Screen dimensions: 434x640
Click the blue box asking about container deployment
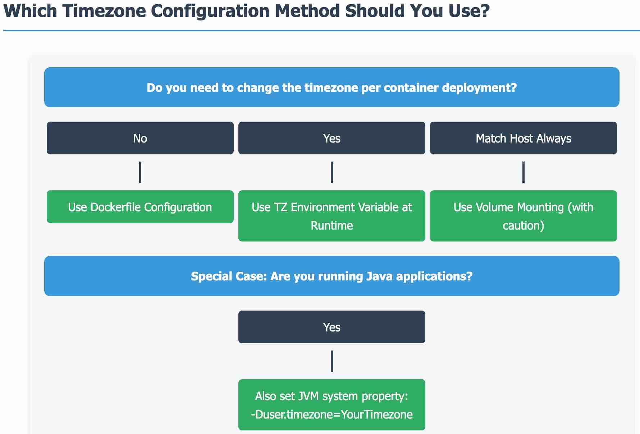coord(332,87)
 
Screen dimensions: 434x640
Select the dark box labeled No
coord(140,138)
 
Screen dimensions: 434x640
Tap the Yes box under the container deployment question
coord(332,138)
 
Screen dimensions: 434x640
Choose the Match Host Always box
coord(523,138)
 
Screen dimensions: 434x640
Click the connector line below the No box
coord(140,172)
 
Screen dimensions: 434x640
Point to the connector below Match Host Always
coord(524,172)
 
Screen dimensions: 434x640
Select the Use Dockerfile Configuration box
coord(140,207)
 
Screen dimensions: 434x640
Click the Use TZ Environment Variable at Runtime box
coord(332,216)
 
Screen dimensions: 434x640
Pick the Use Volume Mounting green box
coord(523,216)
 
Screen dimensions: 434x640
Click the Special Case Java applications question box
coord(332,276)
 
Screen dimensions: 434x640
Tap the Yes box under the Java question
coord(332,327)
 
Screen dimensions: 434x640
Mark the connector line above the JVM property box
coord(332,361)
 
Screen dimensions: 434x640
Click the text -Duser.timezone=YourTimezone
coord(332,415)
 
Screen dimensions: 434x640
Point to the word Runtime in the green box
coord(332,226)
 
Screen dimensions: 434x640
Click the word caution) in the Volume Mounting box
coord(523,226)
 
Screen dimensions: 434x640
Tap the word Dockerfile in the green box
coord(115,207)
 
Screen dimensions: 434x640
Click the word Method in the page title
coord(307,11)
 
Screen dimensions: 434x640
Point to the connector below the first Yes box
coord(332,172)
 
